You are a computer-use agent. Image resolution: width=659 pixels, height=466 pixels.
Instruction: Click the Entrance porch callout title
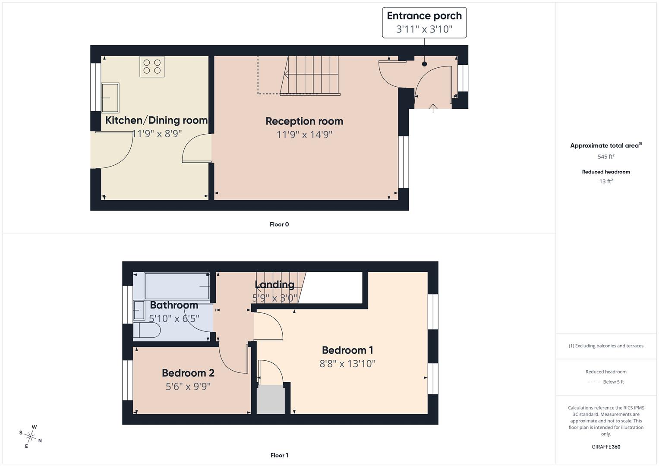coord(424,16)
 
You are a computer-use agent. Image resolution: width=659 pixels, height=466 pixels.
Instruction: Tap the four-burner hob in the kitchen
coord(152,66)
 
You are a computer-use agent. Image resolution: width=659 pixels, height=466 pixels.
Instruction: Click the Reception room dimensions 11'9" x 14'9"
coord(304,135)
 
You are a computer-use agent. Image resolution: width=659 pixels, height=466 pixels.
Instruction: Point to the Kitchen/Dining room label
coord(156,120)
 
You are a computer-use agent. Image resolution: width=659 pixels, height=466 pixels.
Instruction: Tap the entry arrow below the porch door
coord(433,108)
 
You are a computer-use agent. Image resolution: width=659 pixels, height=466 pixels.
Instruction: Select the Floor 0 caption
coord(279,224)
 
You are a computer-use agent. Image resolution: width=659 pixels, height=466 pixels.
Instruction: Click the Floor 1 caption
coord(279,455)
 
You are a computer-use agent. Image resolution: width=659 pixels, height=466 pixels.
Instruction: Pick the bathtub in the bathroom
coord(177,286)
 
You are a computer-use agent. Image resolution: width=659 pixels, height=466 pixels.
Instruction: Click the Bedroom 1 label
coord(347,350)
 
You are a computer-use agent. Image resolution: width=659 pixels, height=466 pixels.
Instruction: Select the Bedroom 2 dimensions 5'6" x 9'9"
coord(188,386)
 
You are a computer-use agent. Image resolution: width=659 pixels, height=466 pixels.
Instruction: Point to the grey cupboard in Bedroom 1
coord(271,400)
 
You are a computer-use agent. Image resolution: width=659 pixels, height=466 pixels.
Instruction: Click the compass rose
coord(31,436)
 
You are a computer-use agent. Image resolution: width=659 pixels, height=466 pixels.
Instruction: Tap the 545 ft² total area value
coord(605,157)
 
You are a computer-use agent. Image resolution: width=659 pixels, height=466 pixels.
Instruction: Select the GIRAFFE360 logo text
coord(605,447)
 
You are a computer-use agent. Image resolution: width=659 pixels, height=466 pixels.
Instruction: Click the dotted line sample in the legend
coord(594,382)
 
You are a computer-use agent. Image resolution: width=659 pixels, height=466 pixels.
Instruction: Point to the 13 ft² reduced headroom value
coord(605,181)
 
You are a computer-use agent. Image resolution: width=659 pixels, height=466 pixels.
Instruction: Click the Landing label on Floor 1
coord(274,285)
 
